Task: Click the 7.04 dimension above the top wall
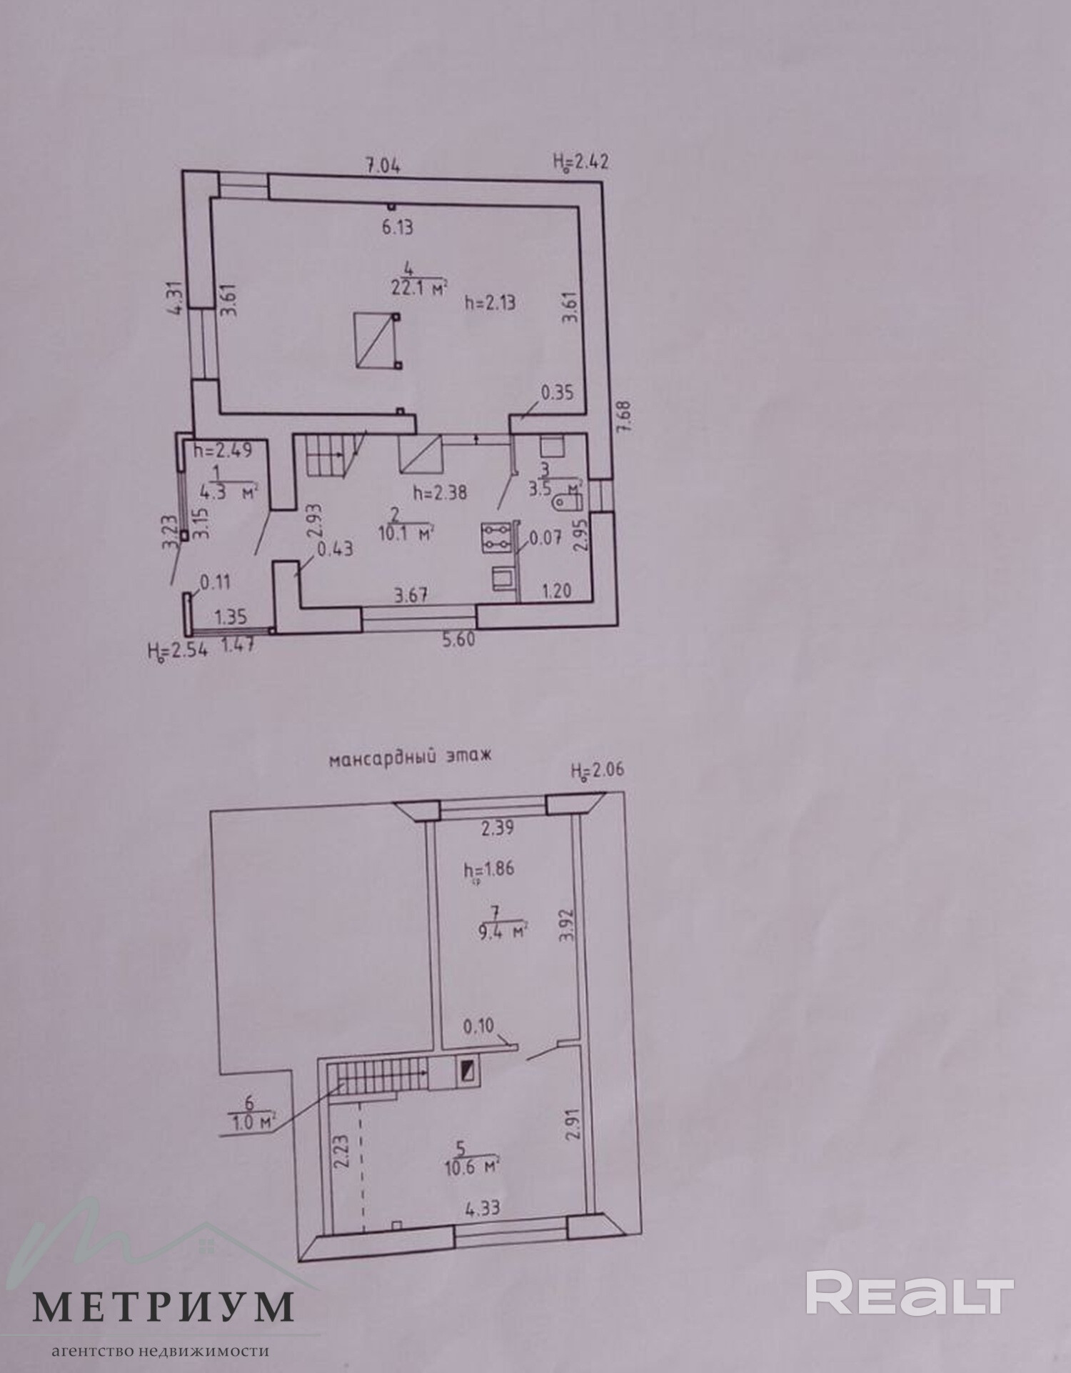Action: [x=383, y=166]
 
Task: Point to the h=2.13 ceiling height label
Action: [x=490, y=303]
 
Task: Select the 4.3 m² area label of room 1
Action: [x=228, y=492]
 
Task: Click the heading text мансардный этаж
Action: [x=411, y=758]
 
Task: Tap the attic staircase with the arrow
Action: [x=377, y=1077]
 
